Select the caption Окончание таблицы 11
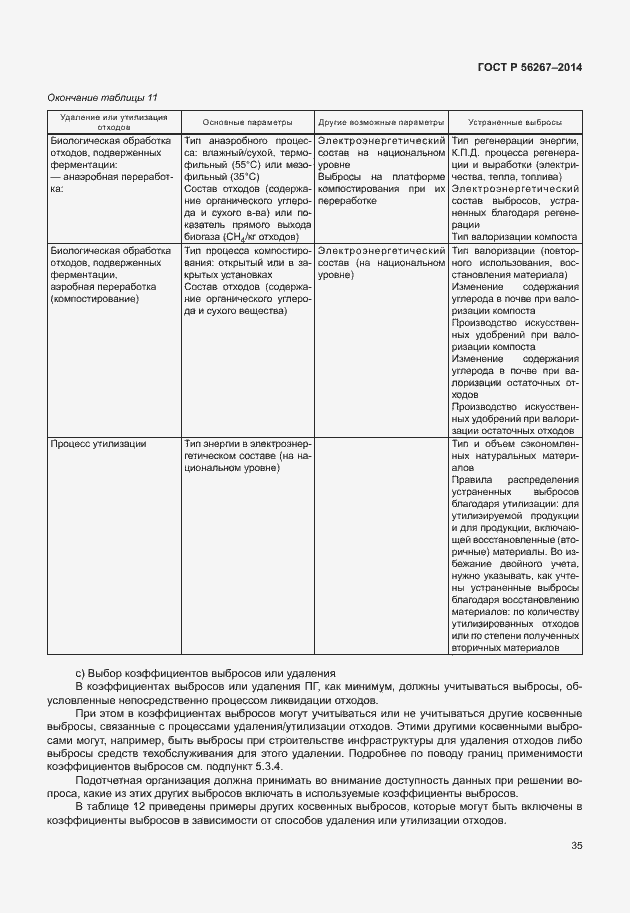104,97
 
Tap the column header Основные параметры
248,120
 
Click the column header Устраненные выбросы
514,120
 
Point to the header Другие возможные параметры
381,120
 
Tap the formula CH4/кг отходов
257,236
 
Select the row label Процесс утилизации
99,443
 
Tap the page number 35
576,846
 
